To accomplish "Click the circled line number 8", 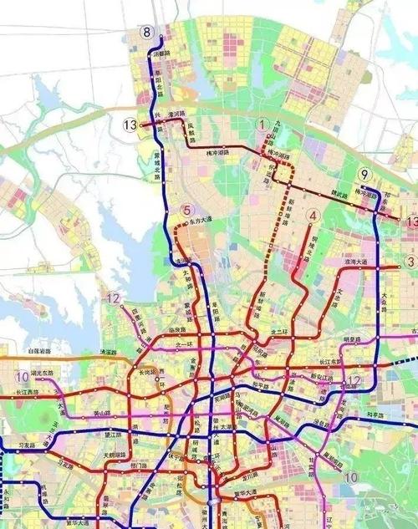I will pyautogui.click(x=148, y=33).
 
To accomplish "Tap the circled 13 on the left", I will pyautogui.click(x=129, y=125).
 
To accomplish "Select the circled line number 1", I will pyautogui.click(x=265, y=125).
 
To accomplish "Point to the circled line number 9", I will pyautogui.click(x=364, y=175).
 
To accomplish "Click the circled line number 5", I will pyautogui.click(x=187, y=211).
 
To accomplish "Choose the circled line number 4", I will pyautogui.click(x=313, y=216).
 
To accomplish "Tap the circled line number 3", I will pyautogui.click(x=410, y=262).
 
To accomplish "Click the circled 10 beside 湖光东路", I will pyautogui.click(x=21, y=376).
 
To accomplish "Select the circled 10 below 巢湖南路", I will pyautogui.click(x=351, y=476).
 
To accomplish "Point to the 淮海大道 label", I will pyautogui.click(x=358, y=262).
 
